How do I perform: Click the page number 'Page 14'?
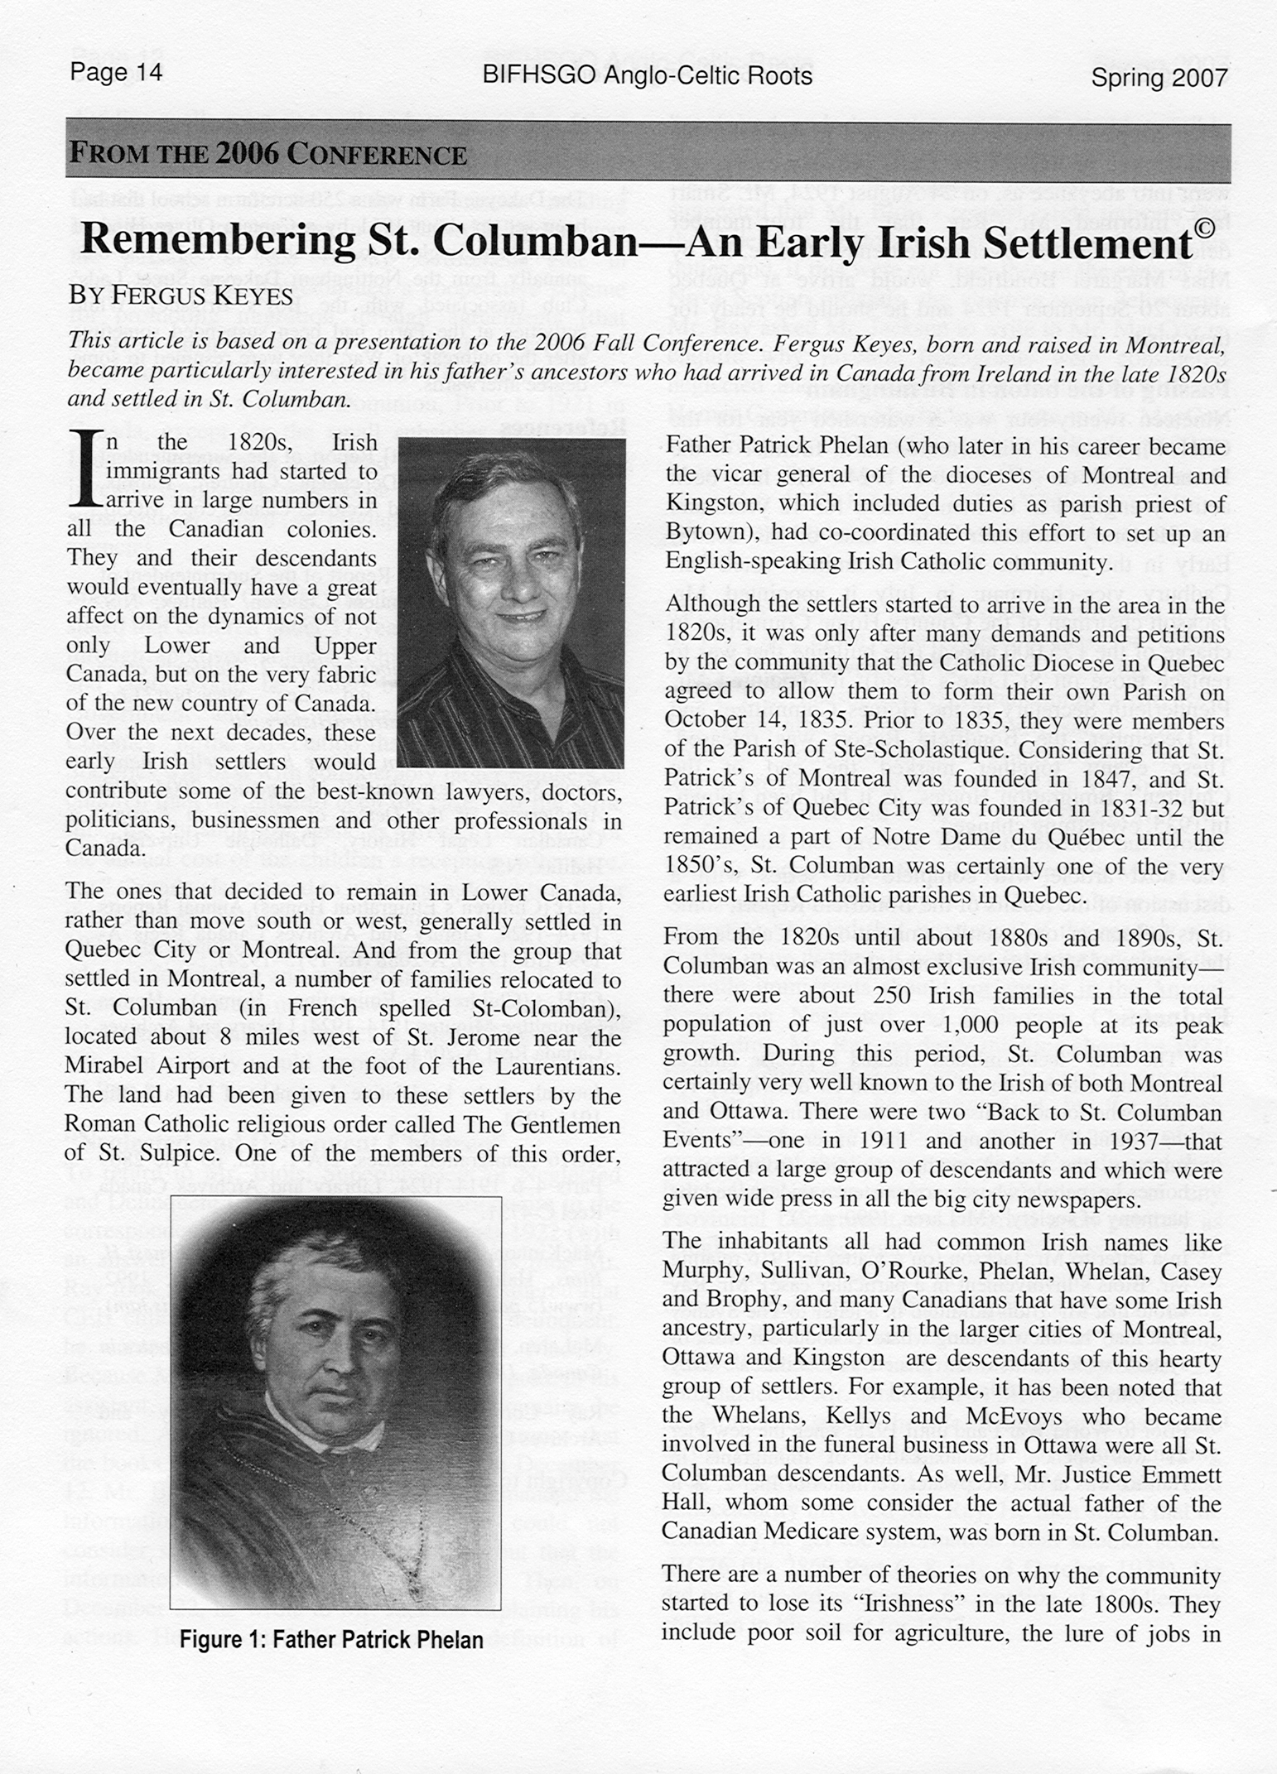[116, 73]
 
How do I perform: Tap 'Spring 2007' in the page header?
[1158, 78]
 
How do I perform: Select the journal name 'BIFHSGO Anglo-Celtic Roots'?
[646, 76]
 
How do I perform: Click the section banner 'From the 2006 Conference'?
[267, 155]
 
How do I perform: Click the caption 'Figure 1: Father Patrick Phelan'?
[331, 1640]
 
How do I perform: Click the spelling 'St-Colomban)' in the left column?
[547, 1008]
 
